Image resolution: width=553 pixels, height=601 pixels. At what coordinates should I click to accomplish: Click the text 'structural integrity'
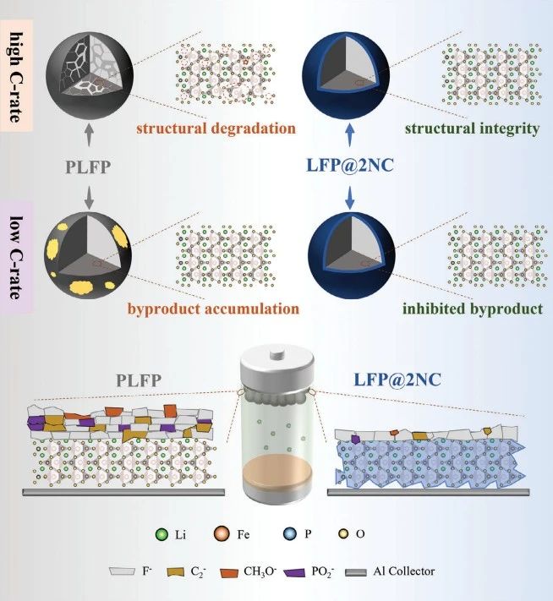(472, 129)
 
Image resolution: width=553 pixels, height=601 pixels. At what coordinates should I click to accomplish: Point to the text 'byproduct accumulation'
(213, 309)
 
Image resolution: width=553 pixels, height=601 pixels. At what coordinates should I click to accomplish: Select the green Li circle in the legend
(162, 534)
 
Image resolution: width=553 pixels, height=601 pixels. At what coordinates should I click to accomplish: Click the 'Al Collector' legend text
(405, 571)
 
